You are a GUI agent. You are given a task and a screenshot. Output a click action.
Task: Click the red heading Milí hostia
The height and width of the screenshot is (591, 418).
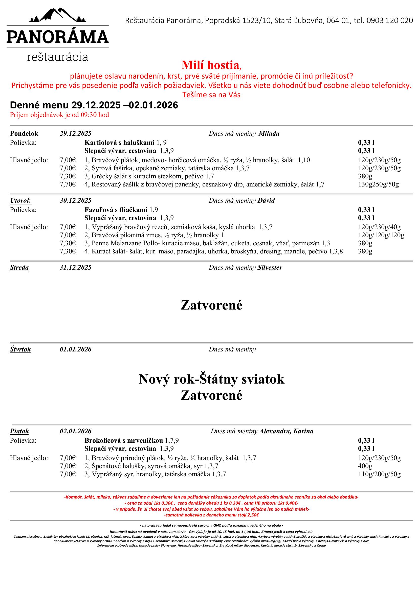tap(210, 65)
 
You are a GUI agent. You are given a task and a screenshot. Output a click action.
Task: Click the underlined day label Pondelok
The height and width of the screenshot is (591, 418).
tap(24, 133)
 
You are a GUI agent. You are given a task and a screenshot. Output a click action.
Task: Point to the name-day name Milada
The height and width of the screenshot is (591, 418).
tap(269, 133)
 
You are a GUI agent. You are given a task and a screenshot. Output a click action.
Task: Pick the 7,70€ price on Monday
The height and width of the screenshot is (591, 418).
tap(68, 184)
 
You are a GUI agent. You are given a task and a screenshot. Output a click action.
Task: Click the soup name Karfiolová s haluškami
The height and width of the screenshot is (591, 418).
tap(119, 142)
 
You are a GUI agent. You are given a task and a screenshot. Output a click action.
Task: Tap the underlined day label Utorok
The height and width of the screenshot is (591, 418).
tap(20, 200)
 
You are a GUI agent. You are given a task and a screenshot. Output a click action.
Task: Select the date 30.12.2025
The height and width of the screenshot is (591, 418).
tap(75, 200)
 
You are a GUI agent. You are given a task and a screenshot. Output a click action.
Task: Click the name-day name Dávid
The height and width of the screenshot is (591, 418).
tap(266, 200)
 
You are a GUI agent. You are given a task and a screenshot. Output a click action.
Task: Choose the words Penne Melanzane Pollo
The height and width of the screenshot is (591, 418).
tap(123, 243)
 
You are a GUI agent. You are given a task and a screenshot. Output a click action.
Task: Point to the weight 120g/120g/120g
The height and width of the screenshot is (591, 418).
tap(381, 235)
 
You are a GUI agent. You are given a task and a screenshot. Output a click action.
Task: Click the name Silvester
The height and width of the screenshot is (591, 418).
tap(270, 267)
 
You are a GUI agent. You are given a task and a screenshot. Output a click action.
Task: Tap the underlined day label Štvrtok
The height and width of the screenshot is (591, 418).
tap(20, 349)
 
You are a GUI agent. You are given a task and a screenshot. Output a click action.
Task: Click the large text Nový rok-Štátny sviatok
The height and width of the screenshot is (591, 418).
tap(211, 380)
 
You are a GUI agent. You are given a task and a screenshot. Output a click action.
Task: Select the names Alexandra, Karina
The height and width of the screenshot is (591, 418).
tap(286, 431)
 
